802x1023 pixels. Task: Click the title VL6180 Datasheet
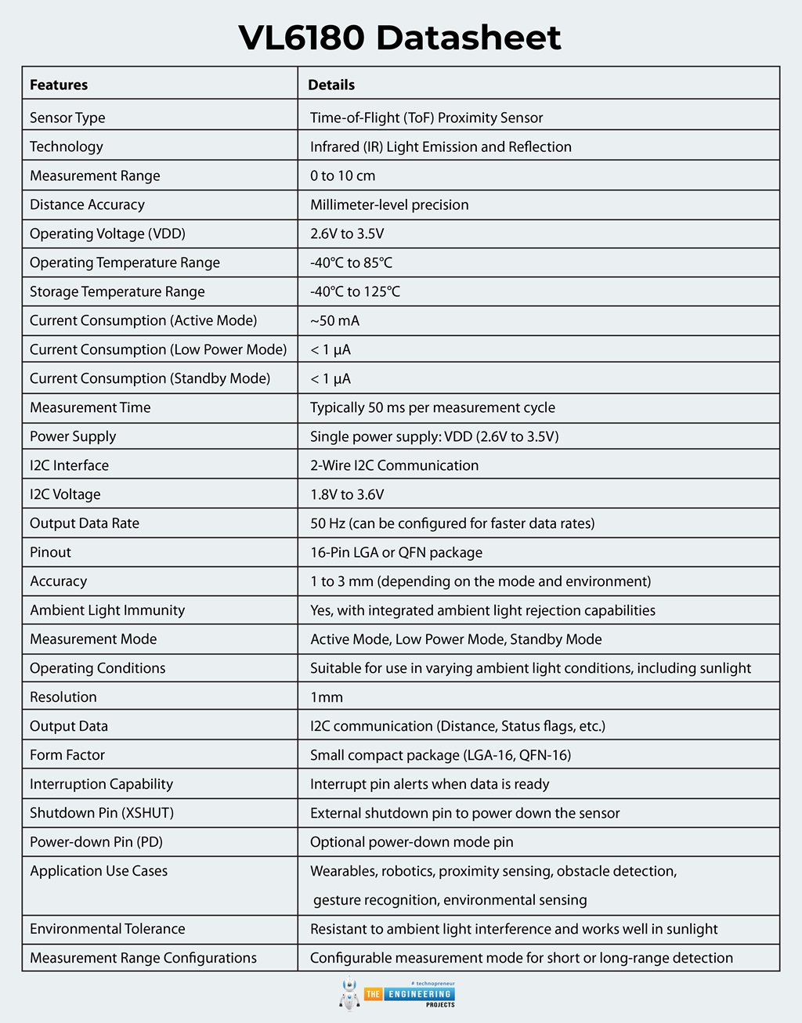pyautogui.click(x=400, y=38)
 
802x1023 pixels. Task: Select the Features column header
pyautogui.click(x=59, y=85)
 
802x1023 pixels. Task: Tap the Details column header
pyautogui.click(x=331, y=85)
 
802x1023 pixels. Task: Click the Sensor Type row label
pyautogui.click(x=67, y=117)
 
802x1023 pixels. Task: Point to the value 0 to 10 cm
pyautogui.click(x=342, y=175)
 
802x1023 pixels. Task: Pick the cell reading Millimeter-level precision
pyautogui.click(x=389, y=204)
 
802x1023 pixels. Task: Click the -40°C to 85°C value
pyautogui.click(x=351, y=262)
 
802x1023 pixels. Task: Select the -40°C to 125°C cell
pyautogui.click(x=355, y=291)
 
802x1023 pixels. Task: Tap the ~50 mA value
pyautogui.click(x=334, y=320)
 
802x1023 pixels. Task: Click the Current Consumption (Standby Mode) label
pyautogui.click(x=150, y=378)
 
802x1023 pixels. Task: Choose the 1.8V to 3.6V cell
pyautogui.click(x=347, y=494)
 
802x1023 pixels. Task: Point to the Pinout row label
pyautogui.click(x=50, y=552)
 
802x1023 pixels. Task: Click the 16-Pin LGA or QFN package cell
pyautogui.click(x=396, y=552)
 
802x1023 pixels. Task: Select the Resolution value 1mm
pyautogui.click(x=327, y=697)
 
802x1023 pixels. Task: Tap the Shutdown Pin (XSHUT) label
pyautogui.click(x=102, y=813)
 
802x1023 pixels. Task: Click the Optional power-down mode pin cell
pyautogui.click(x=412, y=842)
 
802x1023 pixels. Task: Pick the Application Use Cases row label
pyautogui.click(x=99, y=871)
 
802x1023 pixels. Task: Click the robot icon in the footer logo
pyautogui.click(x=349, y=994)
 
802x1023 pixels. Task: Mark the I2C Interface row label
pyautogui.click(x=69, y=465)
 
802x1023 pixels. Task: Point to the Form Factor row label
pyautogui.click(x=67, y=755)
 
